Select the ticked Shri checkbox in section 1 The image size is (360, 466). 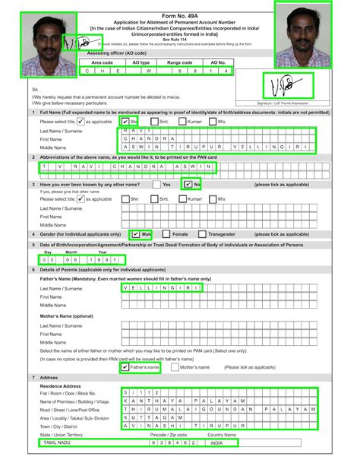(125, 121)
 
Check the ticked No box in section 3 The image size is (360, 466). (186, 184)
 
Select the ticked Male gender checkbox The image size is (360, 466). (135, 235)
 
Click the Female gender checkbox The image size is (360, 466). (166, 235)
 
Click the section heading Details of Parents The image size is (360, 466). (72, 271)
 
